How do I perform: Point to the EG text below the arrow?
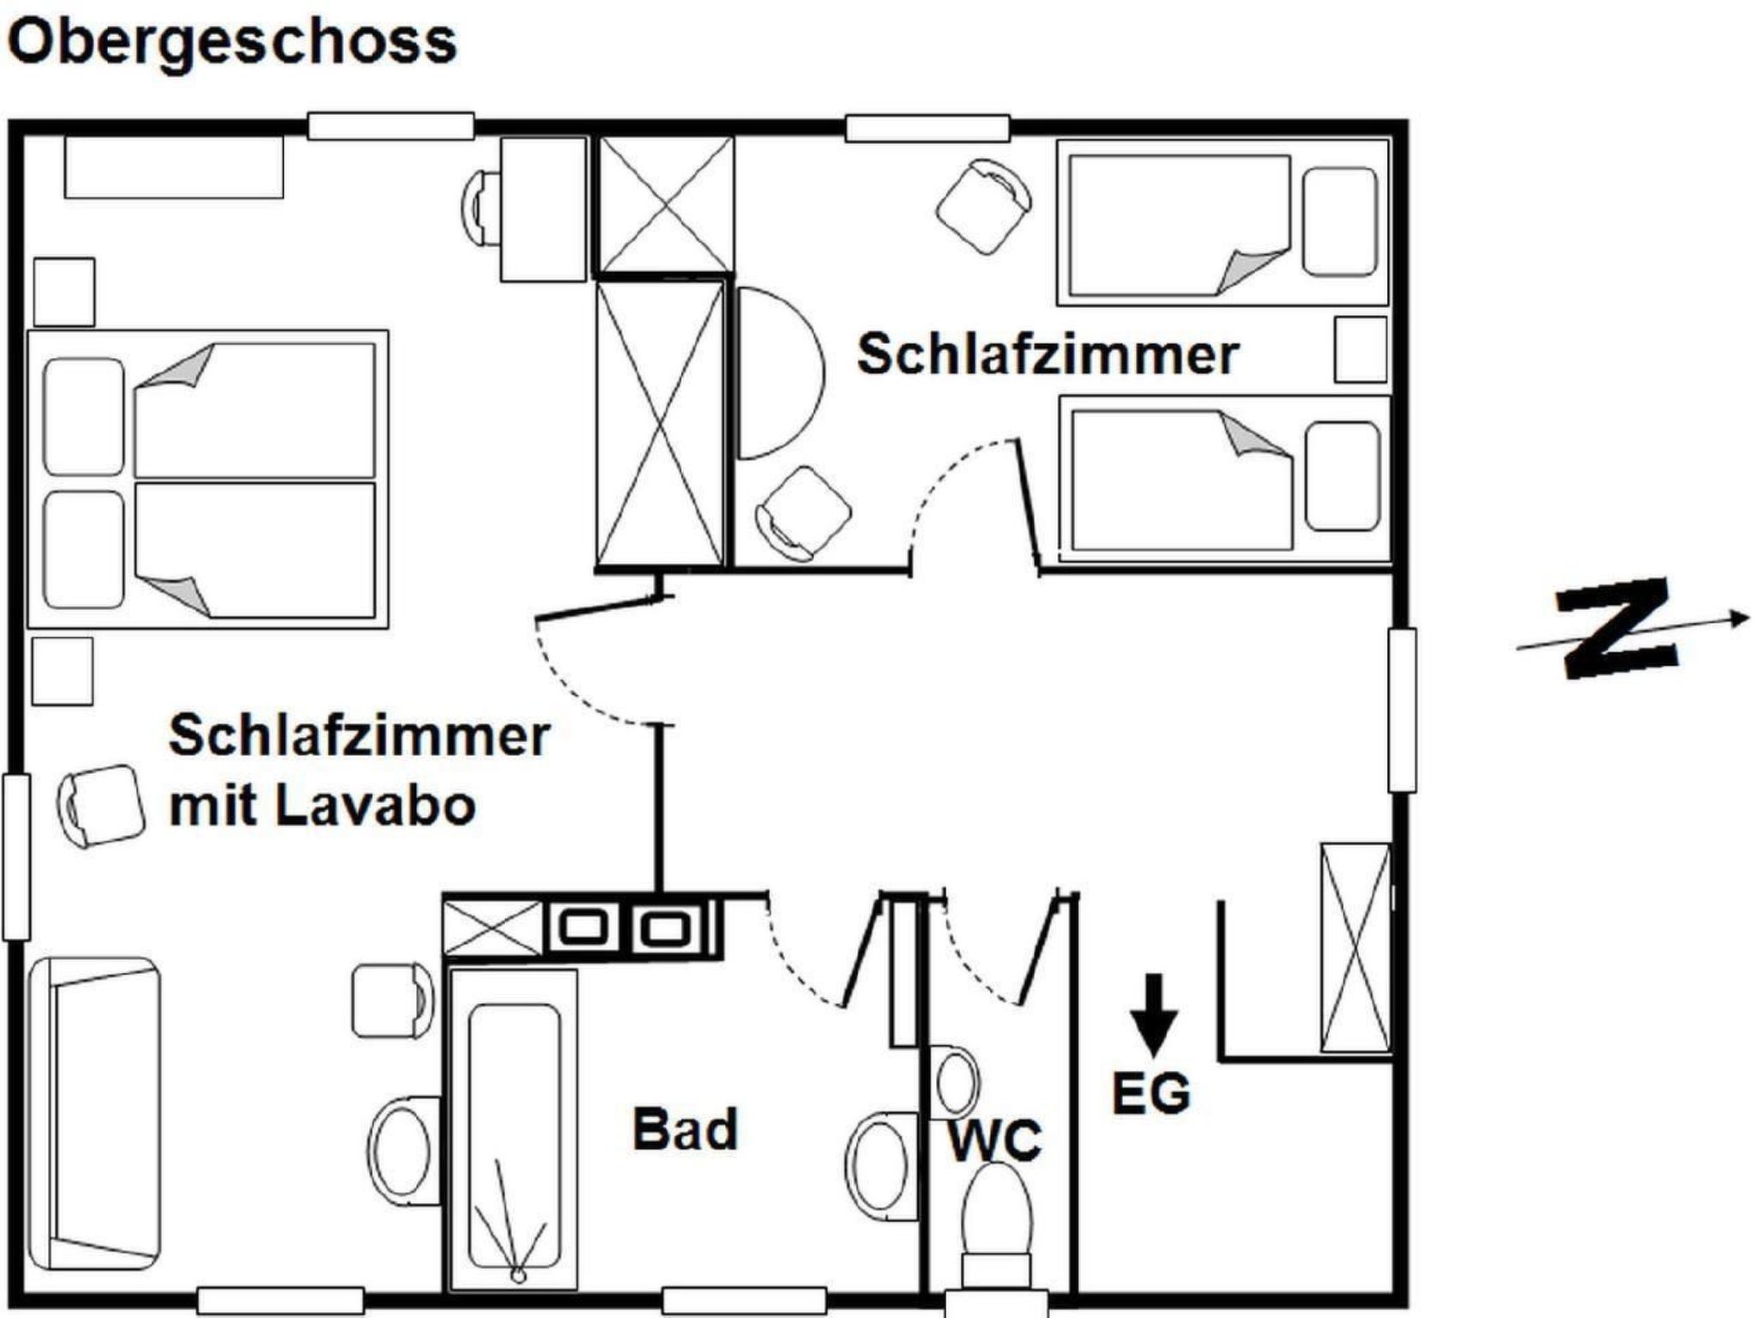1151,1092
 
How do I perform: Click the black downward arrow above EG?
1154,1015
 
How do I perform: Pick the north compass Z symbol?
1617,628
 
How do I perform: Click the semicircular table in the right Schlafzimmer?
780,372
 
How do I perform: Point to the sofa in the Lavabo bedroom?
94,1114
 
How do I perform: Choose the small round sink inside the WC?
955,1082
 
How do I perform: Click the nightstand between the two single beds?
1361,349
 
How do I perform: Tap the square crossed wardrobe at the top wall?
666,205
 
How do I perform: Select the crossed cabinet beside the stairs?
1355,947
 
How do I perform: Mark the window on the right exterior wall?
1402,710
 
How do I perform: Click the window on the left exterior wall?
16,856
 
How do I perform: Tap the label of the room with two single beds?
1048,354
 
